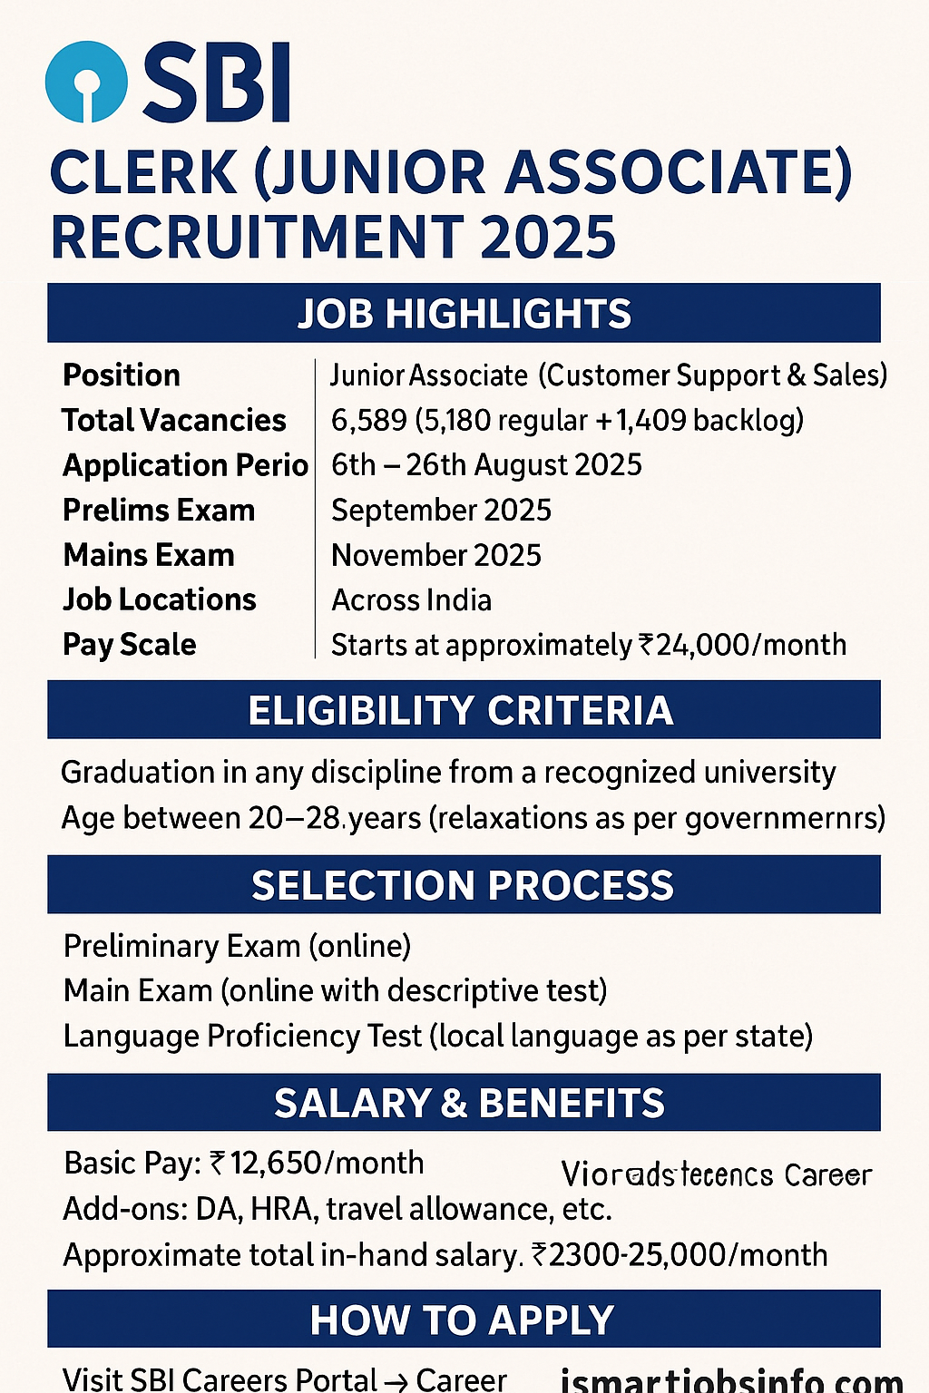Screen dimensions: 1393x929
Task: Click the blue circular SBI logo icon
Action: coord(85,82)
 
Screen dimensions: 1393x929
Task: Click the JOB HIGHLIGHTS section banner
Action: coord(464,314)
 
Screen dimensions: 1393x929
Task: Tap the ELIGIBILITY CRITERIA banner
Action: coord(464,710)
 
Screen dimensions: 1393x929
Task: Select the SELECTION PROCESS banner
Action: coord(464,885)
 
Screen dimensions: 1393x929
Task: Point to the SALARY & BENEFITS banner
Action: coord(464,1103)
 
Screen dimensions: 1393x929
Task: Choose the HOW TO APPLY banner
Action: coord(464,1320)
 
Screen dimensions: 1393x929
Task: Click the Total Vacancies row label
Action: coord(174,421)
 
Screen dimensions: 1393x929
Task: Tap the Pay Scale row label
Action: coord(130,645)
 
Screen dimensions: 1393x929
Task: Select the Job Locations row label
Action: coord(160,600)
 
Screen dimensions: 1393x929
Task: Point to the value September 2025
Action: coord(441,511)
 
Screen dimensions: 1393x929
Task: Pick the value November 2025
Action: coord(436,555)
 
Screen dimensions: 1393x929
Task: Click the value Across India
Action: coord(412,600)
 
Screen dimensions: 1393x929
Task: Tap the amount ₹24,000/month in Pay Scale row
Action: coord(743,645)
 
